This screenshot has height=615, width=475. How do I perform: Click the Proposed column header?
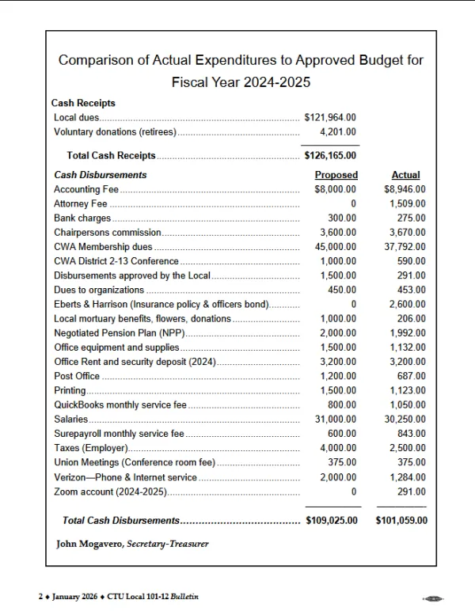point(336,175)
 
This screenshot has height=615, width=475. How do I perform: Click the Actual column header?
point(405,175)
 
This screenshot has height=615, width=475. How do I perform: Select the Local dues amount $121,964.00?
point(330,118)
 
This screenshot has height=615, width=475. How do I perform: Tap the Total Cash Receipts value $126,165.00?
point(330,156)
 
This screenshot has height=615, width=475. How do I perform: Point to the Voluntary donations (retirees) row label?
point(115,132)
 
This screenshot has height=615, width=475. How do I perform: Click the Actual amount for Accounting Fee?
point(405,190)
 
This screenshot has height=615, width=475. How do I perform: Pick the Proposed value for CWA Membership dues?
point(337,247)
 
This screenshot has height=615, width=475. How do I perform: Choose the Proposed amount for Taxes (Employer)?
point(340,448)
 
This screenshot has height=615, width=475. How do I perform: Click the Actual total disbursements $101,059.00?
point(401,521)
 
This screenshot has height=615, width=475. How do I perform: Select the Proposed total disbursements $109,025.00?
point(332,521)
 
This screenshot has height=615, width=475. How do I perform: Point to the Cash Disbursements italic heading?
point(100,175)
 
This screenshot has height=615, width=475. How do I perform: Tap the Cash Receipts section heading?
point(83,104)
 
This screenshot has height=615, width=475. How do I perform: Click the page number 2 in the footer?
point(40,596)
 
